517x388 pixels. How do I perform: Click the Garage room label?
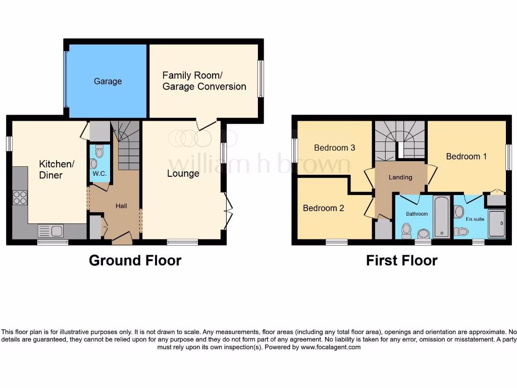click(108, 81)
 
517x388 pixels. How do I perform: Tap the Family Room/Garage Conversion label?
click(204, 81)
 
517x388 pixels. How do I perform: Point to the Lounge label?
click(183, 174)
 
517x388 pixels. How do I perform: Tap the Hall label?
click(121, 206)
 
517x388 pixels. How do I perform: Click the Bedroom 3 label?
click(334, 148)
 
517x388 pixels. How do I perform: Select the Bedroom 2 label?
click(323, 208)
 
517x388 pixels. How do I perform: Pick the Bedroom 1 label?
click(466, 157)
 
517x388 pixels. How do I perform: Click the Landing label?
click(400, 177)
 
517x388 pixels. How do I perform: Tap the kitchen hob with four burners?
click(20, 198)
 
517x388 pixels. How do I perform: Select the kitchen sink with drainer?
click(51, 231)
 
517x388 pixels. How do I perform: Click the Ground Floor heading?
click(135, 261)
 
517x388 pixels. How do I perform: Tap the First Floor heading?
click(401, 261)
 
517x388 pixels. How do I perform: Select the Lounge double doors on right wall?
click(228, 212)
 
